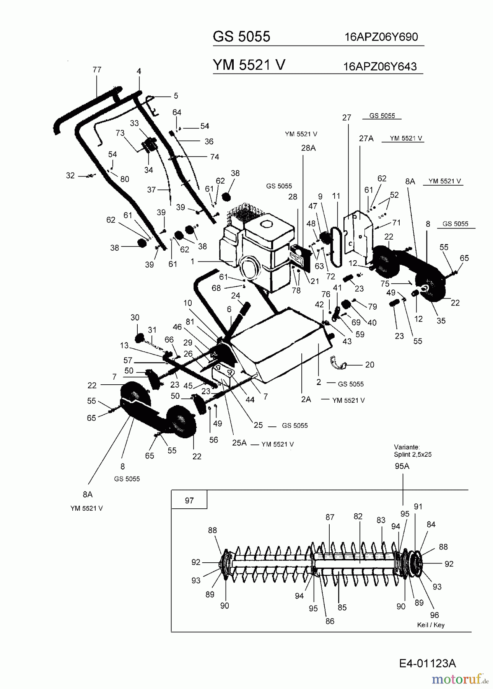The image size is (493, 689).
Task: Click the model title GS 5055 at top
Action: [241, 37]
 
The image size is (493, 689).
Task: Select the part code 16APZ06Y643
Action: [380, 67]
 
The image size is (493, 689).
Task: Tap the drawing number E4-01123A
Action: [428, 663]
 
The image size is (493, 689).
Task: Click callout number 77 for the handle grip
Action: [97, 70]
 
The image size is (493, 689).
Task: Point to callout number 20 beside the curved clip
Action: [369, 365]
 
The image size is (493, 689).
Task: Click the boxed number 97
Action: [189, 501]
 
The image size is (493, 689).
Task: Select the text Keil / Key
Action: [431, 625]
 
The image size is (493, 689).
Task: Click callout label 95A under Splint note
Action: [402, 466]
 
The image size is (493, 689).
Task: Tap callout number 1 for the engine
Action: [193, 261]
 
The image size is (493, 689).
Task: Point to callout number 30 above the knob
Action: [135, 317]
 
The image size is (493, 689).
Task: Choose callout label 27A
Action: [366, 139]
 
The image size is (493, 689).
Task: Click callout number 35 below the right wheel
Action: [441, 321]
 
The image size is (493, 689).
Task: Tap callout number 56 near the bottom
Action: [213, 440]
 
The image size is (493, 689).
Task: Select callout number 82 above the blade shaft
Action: [358, 516]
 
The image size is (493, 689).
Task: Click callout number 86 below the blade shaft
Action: [330, 621]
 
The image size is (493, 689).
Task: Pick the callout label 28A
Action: [308, 148]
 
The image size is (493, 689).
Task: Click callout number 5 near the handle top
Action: [176, 96]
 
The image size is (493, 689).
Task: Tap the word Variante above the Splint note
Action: [407, 447]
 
